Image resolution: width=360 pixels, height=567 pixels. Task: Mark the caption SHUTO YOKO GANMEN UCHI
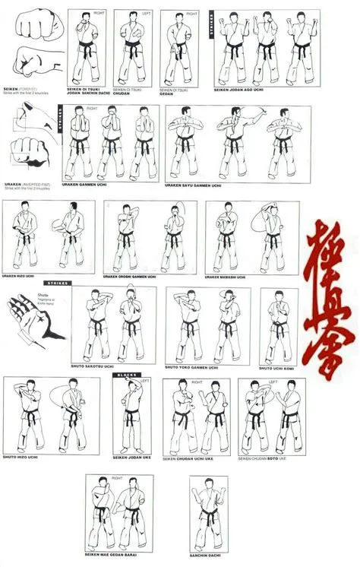coord(194,367)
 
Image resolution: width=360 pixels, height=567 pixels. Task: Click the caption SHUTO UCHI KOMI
coord(276,368)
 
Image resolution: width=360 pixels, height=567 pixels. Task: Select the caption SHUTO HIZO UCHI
coord(21,457)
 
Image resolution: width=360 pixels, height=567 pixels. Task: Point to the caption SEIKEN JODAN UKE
coord(134,457)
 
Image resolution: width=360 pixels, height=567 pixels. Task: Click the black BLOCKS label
coord(126,375)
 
